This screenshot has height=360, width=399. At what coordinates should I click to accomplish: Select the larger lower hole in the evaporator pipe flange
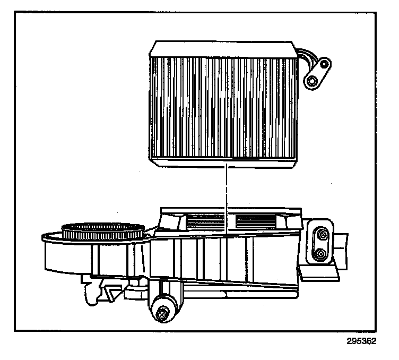(312, 80)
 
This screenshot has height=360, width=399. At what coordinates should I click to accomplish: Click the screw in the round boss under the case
(162, 314)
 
